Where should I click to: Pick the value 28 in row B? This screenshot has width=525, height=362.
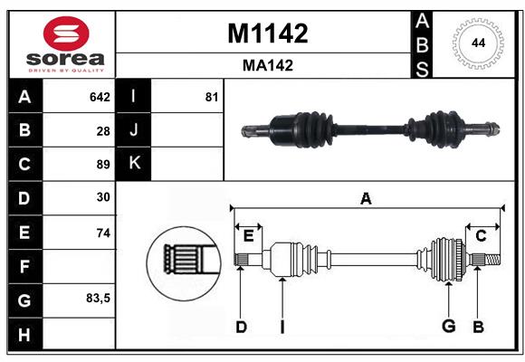[103, 131]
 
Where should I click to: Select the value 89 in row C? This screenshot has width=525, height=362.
[103, 165]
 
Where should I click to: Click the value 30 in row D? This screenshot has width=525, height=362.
[103, 197]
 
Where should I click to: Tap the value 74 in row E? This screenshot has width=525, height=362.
[103, 232]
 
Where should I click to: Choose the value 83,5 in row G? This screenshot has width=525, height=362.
[98, 298]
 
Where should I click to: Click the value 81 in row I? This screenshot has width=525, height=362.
[212, 97]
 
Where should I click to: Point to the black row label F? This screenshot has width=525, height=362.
[24, 265]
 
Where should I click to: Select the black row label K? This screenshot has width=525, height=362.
[134, 164]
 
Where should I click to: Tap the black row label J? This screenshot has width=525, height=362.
[134, 130]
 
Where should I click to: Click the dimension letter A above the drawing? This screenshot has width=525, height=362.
[366, 198]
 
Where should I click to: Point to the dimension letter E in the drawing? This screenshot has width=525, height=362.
[248, 236]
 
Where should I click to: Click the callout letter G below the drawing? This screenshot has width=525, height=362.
[448, 327]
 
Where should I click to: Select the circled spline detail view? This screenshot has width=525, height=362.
[185, 260]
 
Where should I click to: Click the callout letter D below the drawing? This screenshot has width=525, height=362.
[241, 327]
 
